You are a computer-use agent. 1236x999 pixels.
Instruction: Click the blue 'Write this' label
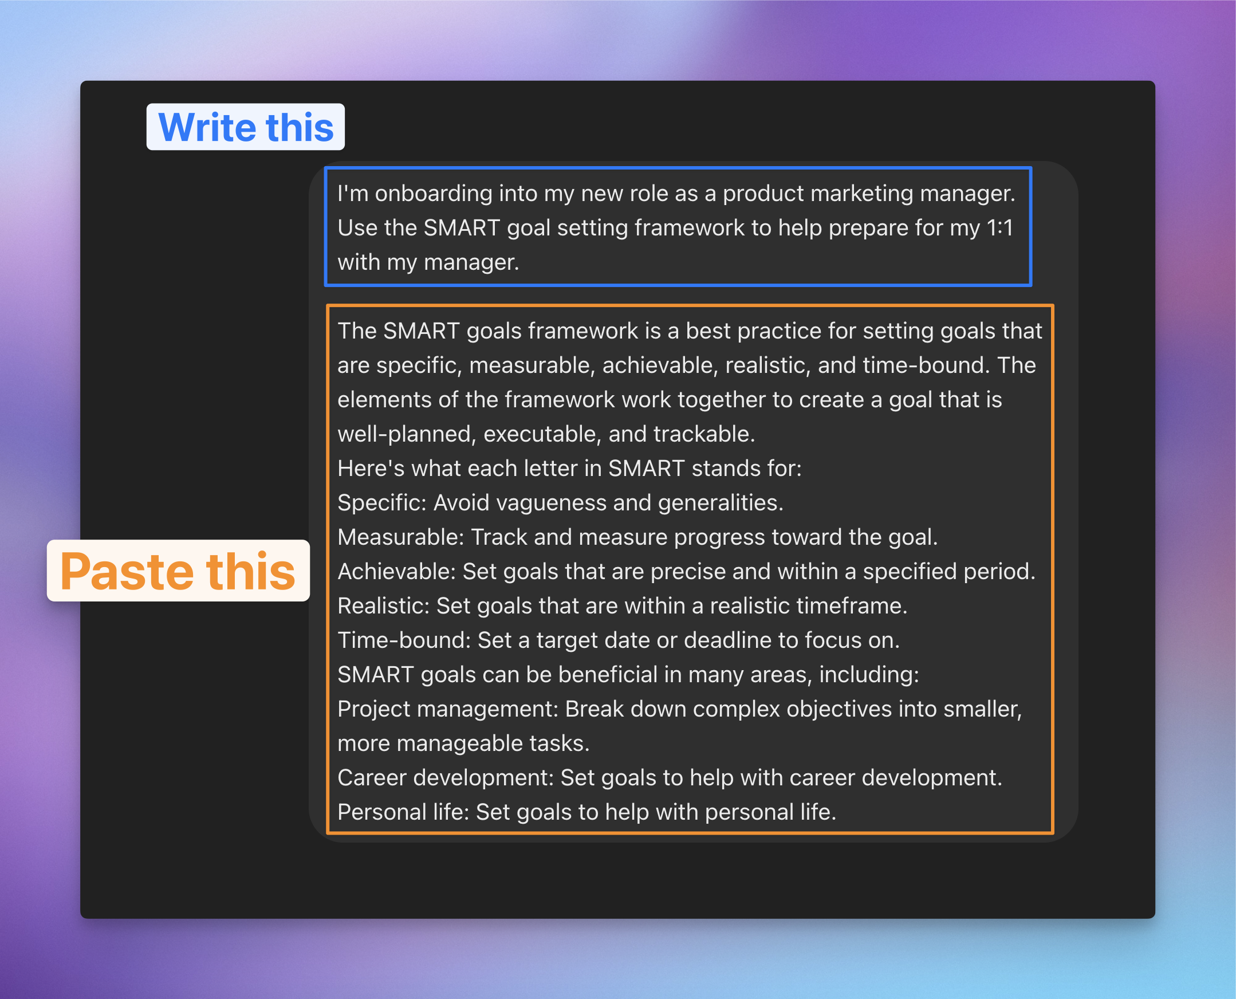(246, 127)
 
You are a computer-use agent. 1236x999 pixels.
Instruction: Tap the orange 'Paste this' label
(178, 571)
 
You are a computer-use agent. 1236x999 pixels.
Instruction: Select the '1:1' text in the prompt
(999, 228)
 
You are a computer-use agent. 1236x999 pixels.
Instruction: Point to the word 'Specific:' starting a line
(381, 503)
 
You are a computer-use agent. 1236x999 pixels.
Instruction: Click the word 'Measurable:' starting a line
(400, 537)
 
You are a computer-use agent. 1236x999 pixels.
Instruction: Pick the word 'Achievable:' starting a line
(396, 572)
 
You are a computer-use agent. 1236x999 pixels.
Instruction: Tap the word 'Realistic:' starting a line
(384, 606)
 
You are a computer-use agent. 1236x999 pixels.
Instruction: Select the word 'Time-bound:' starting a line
(404, 640)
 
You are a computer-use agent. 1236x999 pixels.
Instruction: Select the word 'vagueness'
(551, 503)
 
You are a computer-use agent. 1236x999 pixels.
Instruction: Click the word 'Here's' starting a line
(371, 469)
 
